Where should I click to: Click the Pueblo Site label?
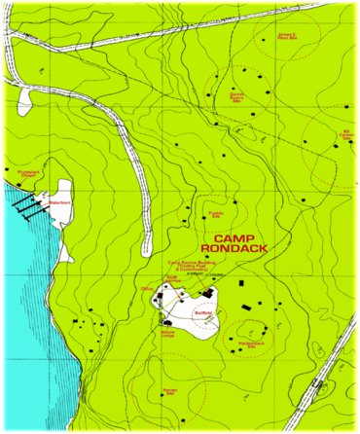[216, 214]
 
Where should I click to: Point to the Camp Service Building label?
[189, 266]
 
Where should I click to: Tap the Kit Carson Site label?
[345, 134]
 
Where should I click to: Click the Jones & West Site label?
[287, 37]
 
